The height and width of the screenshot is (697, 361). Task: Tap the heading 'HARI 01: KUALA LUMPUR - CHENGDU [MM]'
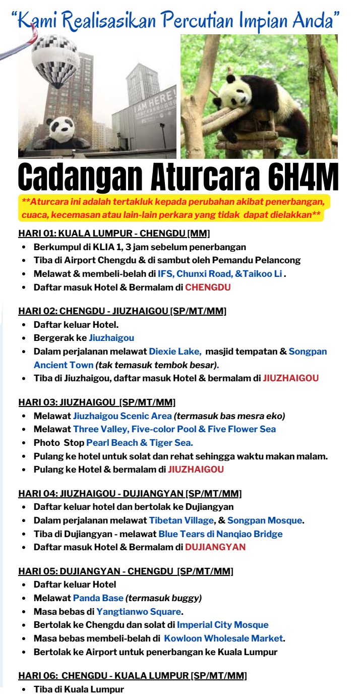[114, 234]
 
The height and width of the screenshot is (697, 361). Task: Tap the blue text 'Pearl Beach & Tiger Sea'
[139, 443]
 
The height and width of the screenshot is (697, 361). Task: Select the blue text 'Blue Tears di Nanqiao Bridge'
[220, 534]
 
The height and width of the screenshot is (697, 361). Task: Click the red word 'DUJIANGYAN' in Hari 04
[215, 547]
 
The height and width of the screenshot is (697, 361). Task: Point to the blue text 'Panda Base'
[98, 598]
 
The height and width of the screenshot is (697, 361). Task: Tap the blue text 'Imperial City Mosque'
[222, 625]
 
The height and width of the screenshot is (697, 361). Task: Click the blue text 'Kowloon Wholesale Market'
[223, 638]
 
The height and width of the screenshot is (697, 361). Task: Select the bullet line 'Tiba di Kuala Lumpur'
[78, 689]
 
